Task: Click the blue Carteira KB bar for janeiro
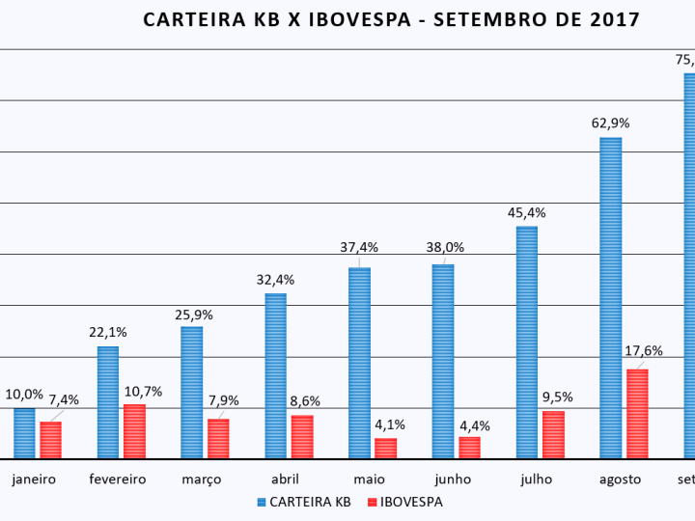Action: point(24,433)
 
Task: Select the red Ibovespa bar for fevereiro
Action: point(134,431)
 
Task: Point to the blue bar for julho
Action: point(526,342)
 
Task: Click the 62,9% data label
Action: point(610,123)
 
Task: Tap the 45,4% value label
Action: point(526,212)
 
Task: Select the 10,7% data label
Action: point(143,391)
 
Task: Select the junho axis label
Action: point(452,479)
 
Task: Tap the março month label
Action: point(201,479)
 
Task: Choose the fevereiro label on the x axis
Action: point(117,479)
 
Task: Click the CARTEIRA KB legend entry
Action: point(309,502)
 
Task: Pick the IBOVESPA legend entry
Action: point(410,502)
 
